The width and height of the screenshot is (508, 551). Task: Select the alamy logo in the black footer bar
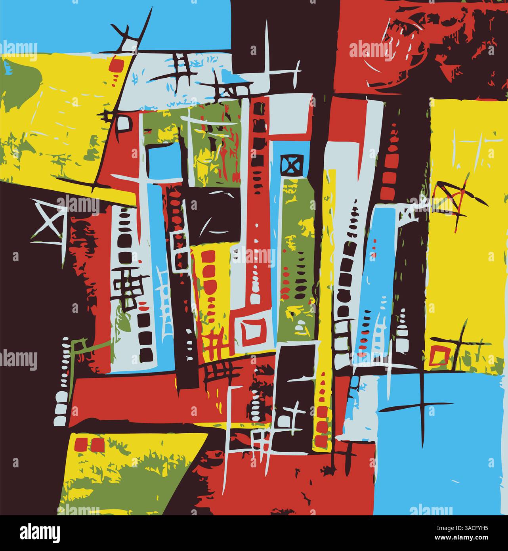point(40,532)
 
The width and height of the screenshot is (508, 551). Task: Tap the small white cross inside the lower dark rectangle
point(294,416)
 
